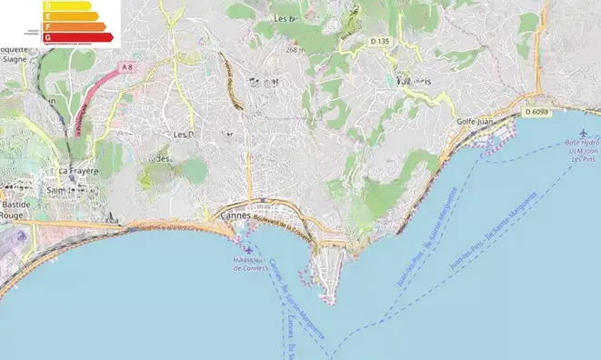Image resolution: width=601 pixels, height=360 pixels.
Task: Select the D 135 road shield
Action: (381, 41)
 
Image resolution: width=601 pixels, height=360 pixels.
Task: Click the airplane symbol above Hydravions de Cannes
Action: (249, 250)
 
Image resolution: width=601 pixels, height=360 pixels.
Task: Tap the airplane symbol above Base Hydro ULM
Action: (583, 135)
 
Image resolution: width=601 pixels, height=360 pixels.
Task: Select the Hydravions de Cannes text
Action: (249, 265)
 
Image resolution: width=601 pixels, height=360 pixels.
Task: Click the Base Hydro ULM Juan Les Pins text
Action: (582, 151)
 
